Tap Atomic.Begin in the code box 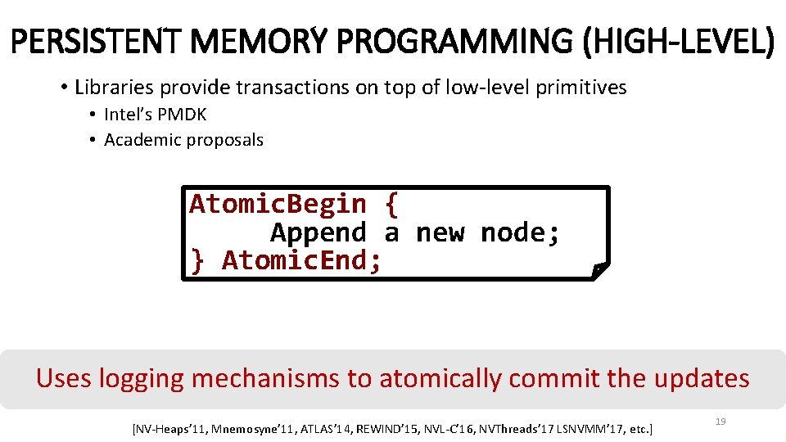coord(278,204)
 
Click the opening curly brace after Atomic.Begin coord(391,204)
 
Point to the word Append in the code coord(318,233)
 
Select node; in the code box coord(521,233)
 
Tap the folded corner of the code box coord(600,270)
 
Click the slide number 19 coord(720,422)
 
